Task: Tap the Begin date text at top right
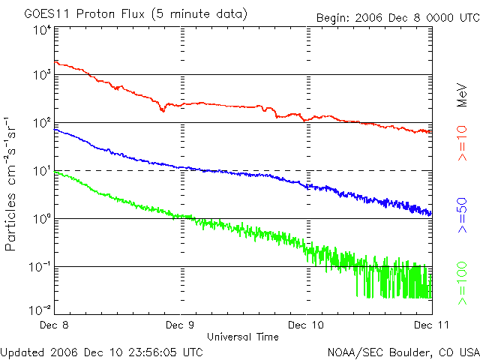point(398,17)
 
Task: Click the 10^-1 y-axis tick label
point(40,267)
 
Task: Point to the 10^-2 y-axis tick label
point(40,310)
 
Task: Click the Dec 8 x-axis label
point(54,325)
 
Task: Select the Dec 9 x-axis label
point(180,325)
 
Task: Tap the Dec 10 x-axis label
point(306,325)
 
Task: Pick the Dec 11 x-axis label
point(432,325)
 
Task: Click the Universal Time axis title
point(243,337)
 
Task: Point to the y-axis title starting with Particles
point(10,184)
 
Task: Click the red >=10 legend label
point(462,143)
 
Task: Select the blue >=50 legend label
point(462,215)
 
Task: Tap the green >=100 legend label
point(462,283)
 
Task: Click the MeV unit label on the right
point(462,95)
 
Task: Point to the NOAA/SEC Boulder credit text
point(403,352)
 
